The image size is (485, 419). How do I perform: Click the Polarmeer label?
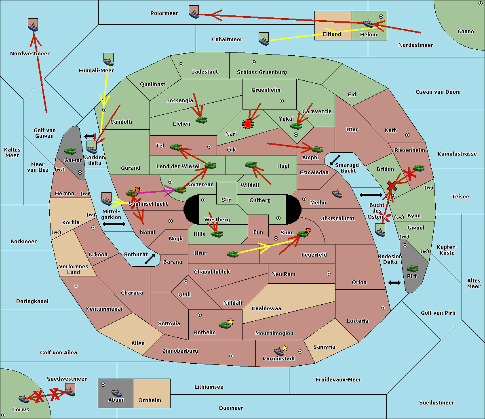164,13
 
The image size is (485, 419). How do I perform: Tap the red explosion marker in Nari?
247,124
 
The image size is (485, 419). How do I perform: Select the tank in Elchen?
201,120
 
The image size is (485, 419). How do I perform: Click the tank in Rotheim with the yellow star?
225,324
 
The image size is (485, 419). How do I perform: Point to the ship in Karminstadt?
279,351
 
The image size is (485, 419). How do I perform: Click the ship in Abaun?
116,392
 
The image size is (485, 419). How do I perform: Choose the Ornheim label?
150,400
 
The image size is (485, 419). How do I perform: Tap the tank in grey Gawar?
70,151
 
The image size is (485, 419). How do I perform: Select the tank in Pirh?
412,268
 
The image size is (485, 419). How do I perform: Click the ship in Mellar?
337,194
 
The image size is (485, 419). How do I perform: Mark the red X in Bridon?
392,186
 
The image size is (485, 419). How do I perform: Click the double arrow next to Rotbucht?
150,259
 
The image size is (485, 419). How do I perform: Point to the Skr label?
226,200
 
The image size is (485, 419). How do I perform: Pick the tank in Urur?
232,254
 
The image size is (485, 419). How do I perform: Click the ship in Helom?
368,23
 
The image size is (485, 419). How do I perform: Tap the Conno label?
466,32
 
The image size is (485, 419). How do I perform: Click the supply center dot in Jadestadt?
181,64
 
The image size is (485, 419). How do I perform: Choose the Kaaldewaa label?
266,309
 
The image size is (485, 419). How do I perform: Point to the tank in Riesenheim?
418,168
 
